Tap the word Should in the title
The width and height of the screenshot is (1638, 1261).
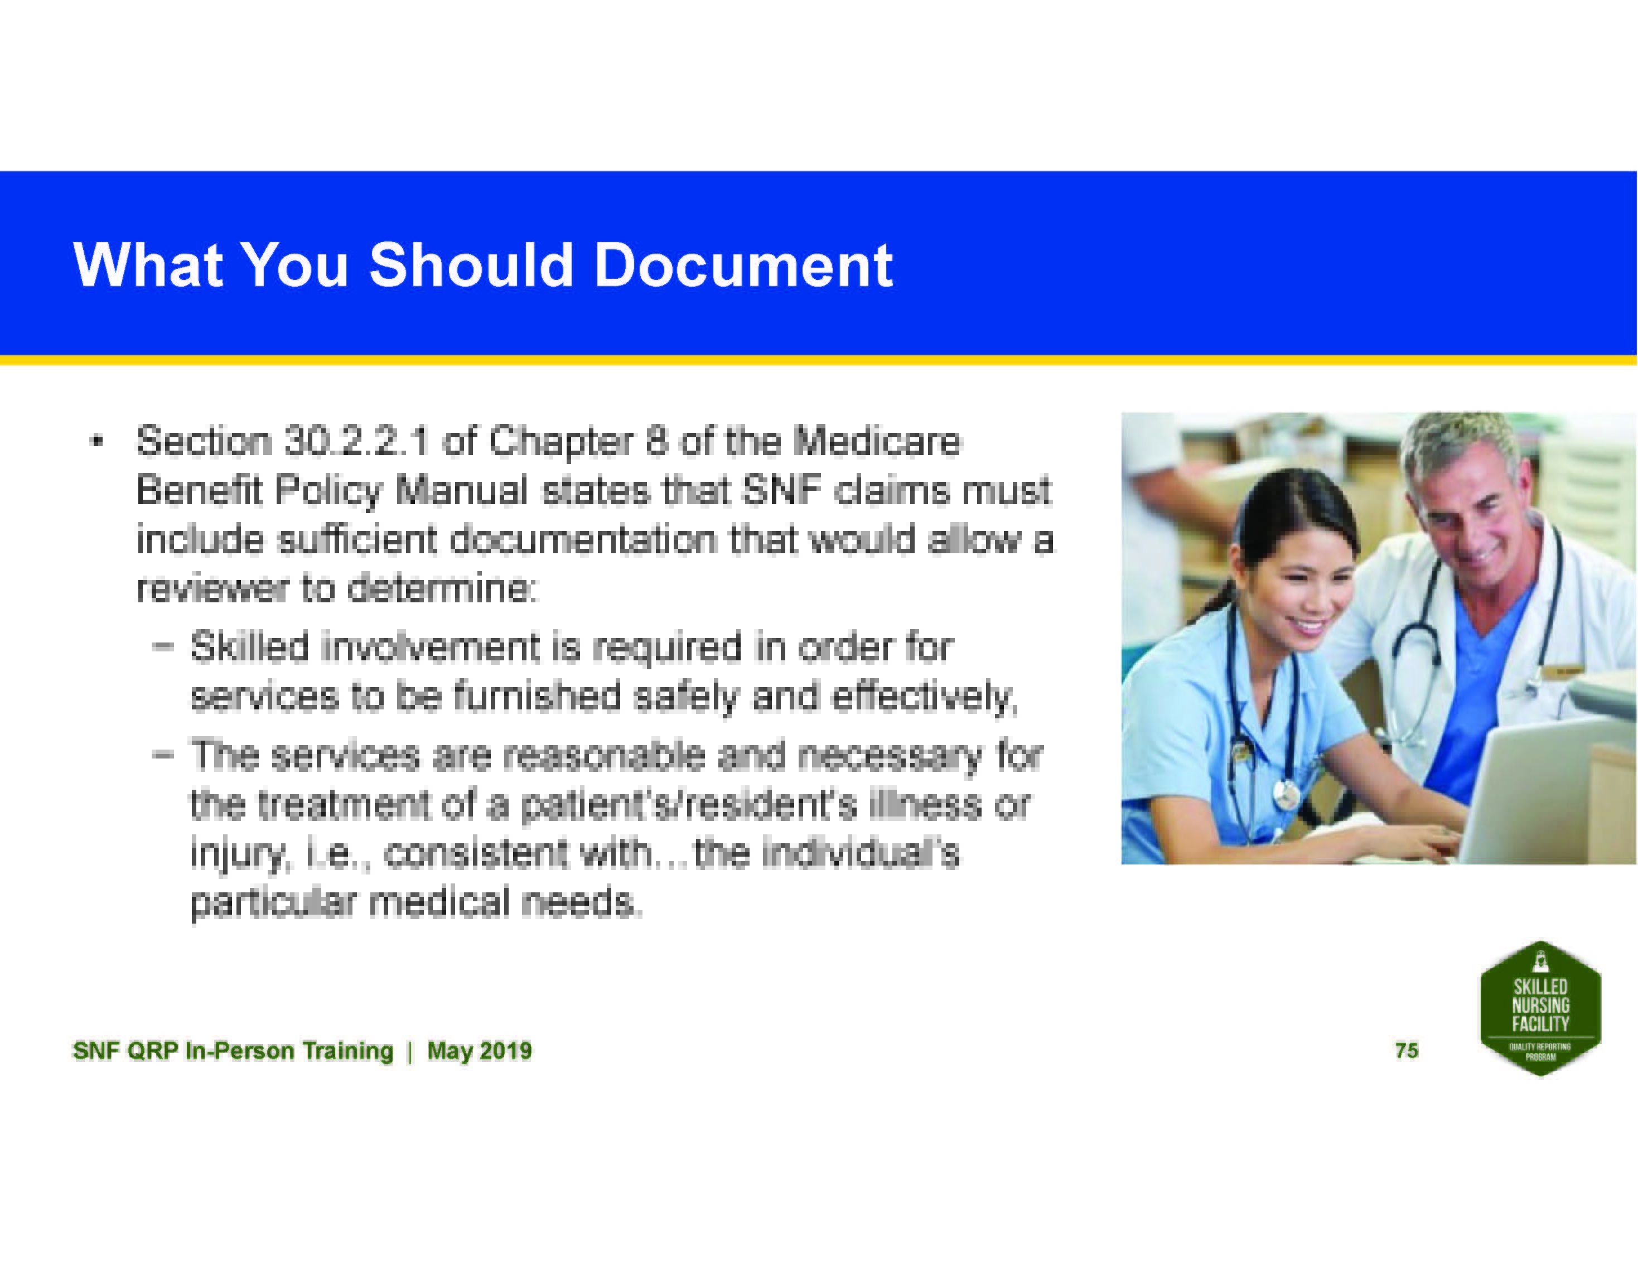[471, 265]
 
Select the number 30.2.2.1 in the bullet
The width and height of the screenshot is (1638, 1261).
[356, 441]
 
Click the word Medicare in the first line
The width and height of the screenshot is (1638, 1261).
[877, 441]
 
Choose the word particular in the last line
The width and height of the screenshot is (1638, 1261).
[273, 903]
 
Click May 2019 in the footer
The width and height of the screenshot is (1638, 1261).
[480, 1050]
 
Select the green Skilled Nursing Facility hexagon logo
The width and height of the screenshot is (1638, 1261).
[1540, 1008]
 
